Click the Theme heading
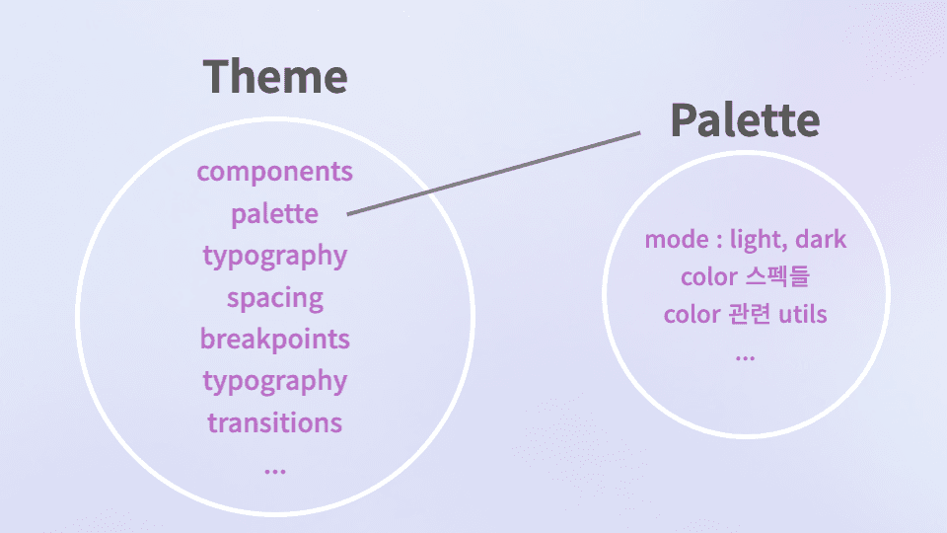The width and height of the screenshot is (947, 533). point(275,77)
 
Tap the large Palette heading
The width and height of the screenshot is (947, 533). point(745,120)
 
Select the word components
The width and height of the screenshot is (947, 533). point(274,171)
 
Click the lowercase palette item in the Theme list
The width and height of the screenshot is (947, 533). point(274,213)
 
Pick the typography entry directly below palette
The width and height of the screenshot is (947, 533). point(274,257)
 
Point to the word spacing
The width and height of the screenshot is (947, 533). point(274,298)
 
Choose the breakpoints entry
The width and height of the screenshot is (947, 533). point(274,340)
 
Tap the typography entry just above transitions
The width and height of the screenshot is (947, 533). point(274,381)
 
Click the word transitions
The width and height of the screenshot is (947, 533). point(274,423)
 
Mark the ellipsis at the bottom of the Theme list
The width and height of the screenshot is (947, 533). point(274,468)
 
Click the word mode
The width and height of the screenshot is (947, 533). point(676,240)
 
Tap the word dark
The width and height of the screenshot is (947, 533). point(821,240)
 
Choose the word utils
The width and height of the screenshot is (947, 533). point(803,315)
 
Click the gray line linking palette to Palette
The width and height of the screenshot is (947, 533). point(493,174)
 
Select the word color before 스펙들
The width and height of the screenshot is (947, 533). point(708,277)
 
